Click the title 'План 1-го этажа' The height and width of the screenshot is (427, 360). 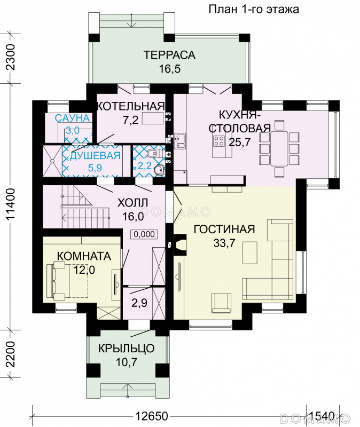point(254,9)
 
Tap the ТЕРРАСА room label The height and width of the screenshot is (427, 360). point(169,55)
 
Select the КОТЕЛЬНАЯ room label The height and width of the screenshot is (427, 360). point(131,106)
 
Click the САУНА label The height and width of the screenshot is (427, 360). point(72,118)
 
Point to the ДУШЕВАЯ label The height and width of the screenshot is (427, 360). point(95,155)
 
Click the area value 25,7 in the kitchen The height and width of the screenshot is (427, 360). point(239,142)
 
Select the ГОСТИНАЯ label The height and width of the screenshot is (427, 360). point(224,230)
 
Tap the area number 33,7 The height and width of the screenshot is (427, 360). point(224,243)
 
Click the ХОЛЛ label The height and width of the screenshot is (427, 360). point(132,203)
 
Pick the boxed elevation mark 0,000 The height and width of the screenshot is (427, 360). point(144,234)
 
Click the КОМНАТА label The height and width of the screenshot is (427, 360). point(84,256)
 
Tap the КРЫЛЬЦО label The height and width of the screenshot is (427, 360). point(126,349)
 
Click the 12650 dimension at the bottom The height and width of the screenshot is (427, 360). point(152,416)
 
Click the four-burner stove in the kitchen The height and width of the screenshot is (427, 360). point(219,140)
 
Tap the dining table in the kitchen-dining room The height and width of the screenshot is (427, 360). point(279,148)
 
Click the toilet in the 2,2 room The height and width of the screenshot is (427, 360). point(152,153)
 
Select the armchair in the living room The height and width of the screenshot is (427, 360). point(221,303)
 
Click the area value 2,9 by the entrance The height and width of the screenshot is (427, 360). point(139,303)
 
